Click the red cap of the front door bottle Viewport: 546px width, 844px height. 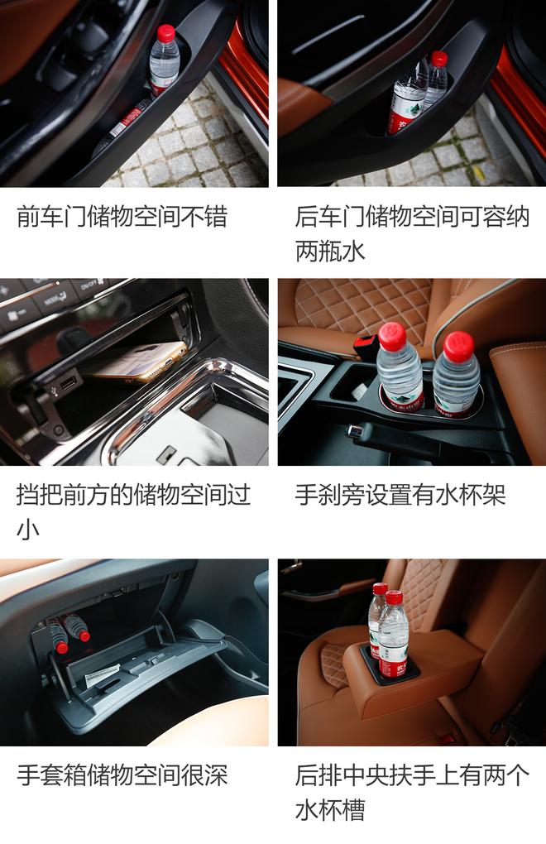tap(166, 33)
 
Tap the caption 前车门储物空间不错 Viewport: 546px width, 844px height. tap(122, 218)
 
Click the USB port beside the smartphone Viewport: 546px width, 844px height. tap(68, 383)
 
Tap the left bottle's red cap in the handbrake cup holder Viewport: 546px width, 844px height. tap(392, 337)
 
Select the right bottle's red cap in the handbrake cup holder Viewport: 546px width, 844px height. tap(458, 346)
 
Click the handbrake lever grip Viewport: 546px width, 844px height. tap(372, 431)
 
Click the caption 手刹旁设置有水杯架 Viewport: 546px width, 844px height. tap(400, 495)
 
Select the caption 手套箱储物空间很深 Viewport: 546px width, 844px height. tap(122, 775)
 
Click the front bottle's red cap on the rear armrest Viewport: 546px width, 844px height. tap(394, 597)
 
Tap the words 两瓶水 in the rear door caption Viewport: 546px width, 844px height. tap(330, 251)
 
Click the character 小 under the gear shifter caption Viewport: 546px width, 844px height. tap(27, 530)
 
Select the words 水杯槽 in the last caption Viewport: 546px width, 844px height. tap(330, 809)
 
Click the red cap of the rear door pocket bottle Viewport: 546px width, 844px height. tap(439, 59)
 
